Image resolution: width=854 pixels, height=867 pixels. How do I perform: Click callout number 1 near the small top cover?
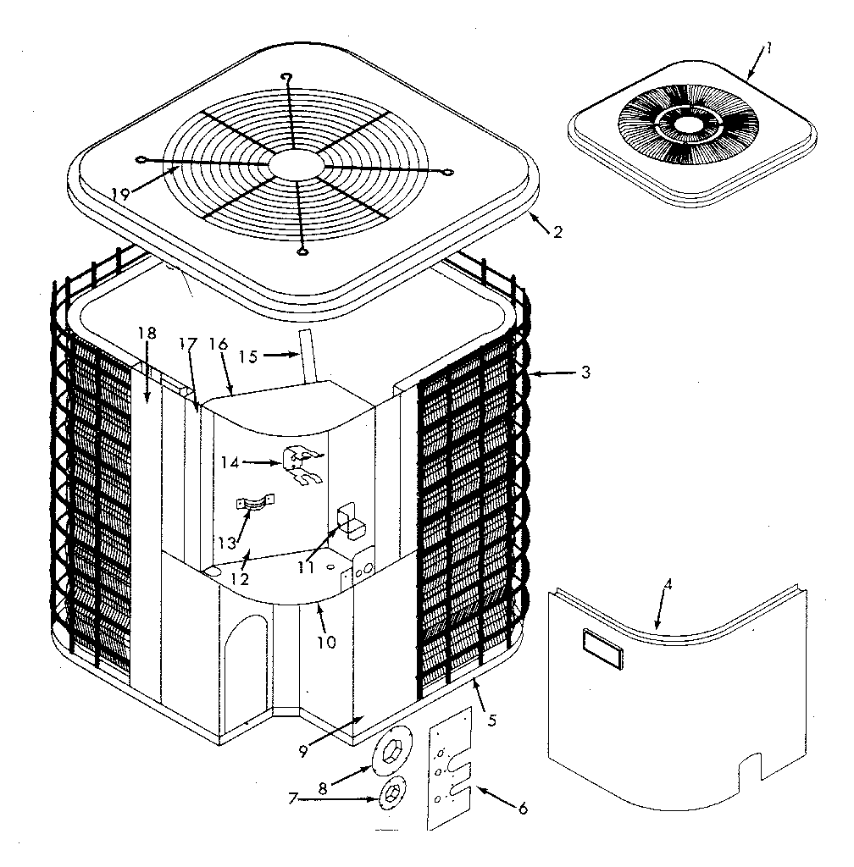pyautogui.click(x=769, y=48)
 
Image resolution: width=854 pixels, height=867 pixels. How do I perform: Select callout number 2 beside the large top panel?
pyautogui.click(x=557, y=232)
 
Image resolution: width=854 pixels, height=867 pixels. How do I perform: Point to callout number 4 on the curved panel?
pyautogui.click(x=668, y=585)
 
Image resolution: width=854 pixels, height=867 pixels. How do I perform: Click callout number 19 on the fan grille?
pyautogui.click(x=120, y=193)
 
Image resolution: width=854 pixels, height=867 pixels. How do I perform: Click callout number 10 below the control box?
pyautogui.click(x=326, y=642)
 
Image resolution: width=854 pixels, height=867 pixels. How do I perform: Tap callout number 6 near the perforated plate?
pyautogui.click(x=522, y=809)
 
